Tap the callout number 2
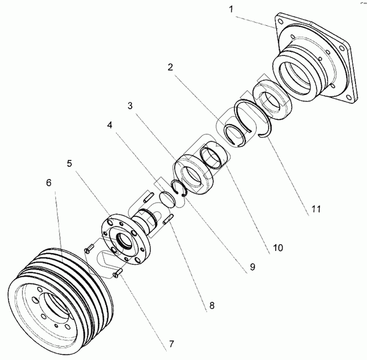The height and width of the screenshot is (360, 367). [170, 67]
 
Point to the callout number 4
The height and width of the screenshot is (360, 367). [110, 126]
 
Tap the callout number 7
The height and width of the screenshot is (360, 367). [170, 345]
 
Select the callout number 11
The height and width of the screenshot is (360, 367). [315, 208]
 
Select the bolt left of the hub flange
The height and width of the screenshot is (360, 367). [88, 249]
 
